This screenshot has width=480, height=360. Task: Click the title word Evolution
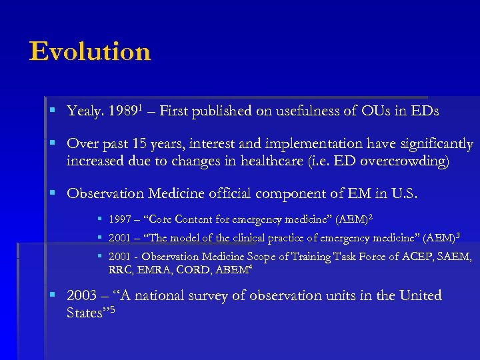tap(90, 51)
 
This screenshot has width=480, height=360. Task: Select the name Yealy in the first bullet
tap(83, 112)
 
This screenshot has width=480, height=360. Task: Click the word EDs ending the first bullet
tap(423, 112)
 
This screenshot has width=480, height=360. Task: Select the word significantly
tap(434, 144)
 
